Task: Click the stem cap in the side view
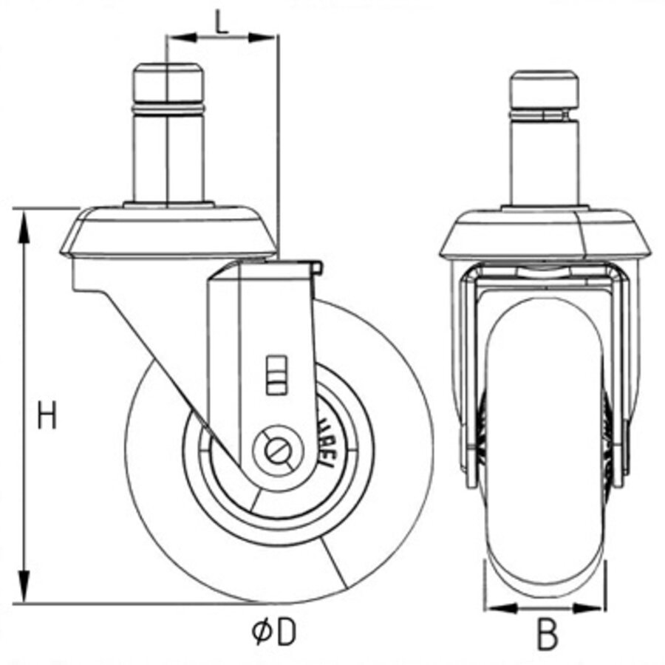tap(168, 83)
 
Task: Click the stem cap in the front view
tap(545, 87)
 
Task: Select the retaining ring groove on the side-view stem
tap(168, 109)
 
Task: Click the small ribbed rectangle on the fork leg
tap(274, 373)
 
